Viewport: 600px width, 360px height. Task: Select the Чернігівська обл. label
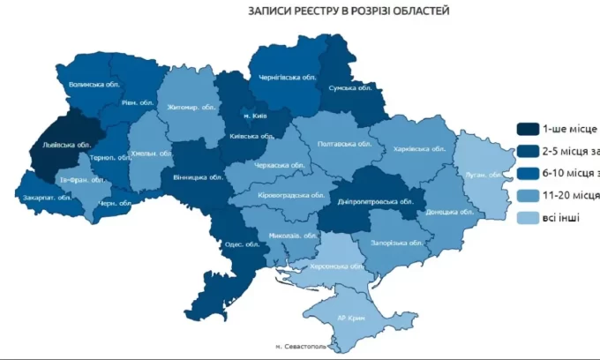tap(287, 77)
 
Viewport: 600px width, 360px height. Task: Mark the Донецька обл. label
tap(443, 212)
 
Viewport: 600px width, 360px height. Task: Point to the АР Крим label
tap(352, 318)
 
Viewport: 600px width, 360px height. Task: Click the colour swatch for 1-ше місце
tap(529, 128)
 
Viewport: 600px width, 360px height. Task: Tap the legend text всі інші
tap(567, 216)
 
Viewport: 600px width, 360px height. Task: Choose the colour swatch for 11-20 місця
tap(529, 194)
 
